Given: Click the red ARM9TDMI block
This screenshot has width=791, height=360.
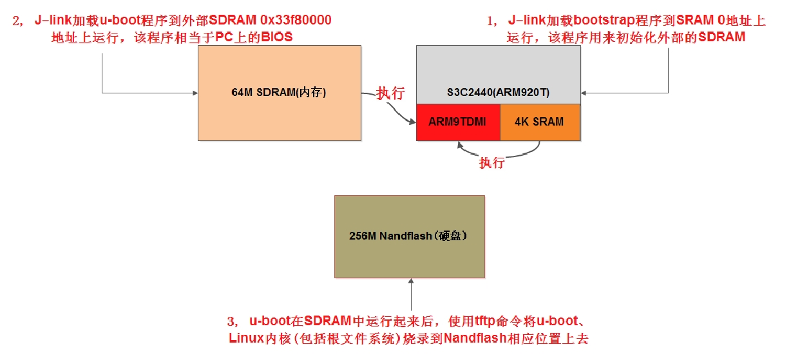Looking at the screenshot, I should (x=457, y=122).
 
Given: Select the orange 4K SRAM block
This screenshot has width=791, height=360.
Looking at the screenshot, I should (x=539, y=122).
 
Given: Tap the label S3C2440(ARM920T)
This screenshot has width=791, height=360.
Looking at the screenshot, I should (x=499, y=93).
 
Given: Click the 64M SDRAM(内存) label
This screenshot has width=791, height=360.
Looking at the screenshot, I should (x=279, y=93).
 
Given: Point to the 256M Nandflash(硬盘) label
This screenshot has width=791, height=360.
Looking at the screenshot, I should (x=409, y=236).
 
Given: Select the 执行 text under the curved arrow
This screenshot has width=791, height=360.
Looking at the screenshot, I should (x=491, y=163).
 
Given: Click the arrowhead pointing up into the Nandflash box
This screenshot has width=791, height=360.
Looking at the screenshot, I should (x=410, y=281).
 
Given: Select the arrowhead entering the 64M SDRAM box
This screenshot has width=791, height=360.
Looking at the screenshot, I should (x=194, y=93).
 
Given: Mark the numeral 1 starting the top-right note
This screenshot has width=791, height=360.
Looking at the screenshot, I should (x=491, y=21).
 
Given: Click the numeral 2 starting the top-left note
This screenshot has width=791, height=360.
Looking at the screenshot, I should (x=17, y=21).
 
